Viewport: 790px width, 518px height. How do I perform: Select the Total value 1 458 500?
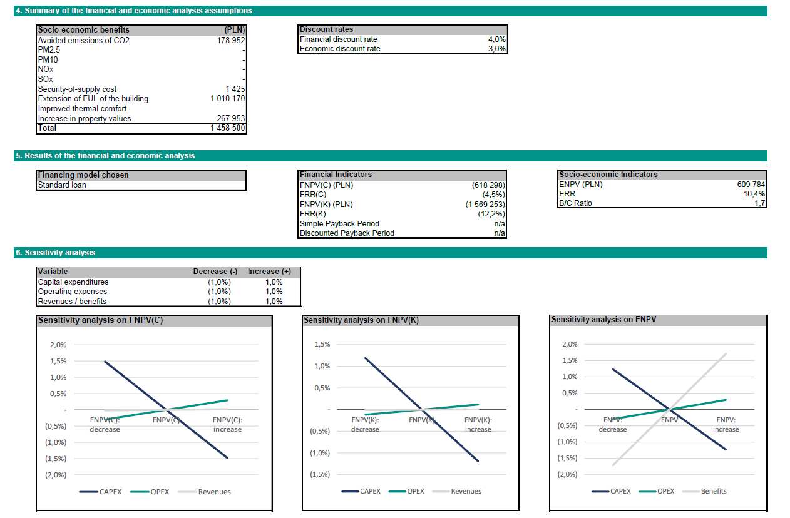228,128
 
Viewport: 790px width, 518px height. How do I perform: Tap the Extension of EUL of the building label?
93,99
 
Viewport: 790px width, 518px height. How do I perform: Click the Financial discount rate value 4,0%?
496,39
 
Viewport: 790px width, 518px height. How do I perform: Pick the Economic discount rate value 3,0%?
496,49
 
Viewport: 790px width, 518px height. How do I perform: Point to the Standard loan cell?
62,185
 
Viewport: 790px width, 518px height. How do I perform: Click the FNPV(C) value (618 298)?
488,186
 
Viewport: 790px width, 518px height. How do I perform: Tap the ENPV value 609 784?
751,185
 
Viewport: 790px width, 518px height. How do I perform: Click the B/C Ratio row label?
575,203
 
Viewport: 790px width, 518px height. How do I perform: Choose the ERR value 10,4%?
756,194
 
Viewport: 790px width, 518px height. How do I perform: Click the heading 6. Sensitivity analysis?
55,253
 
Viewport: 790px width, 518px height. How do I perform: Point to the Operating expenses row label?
72,292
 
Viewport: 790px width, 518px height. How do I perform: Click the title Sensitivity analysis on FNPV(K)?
361,320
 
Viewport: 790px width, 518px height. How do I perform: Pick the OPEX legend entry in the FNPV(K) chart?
416,492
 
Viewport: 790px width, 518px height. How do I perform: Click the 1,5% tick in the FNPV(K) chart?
322,345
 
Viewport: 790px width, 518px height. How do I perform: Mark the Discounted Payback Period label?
347,233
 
